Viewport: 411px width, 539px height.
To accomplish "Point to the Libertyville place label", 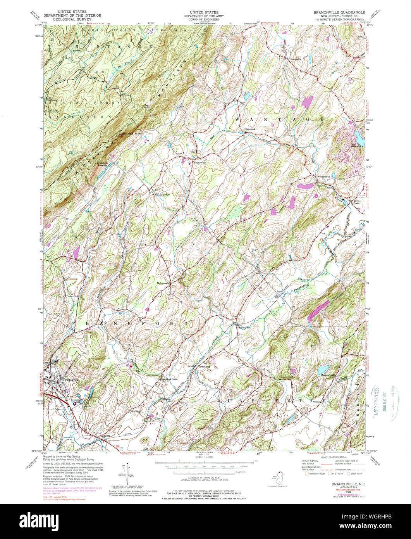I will (293, 59).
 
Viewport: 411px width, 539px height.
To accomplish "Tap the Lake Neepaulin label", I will (356, 147).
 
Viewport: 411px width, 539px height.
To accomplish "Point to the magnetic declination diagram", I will (124, 475).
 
